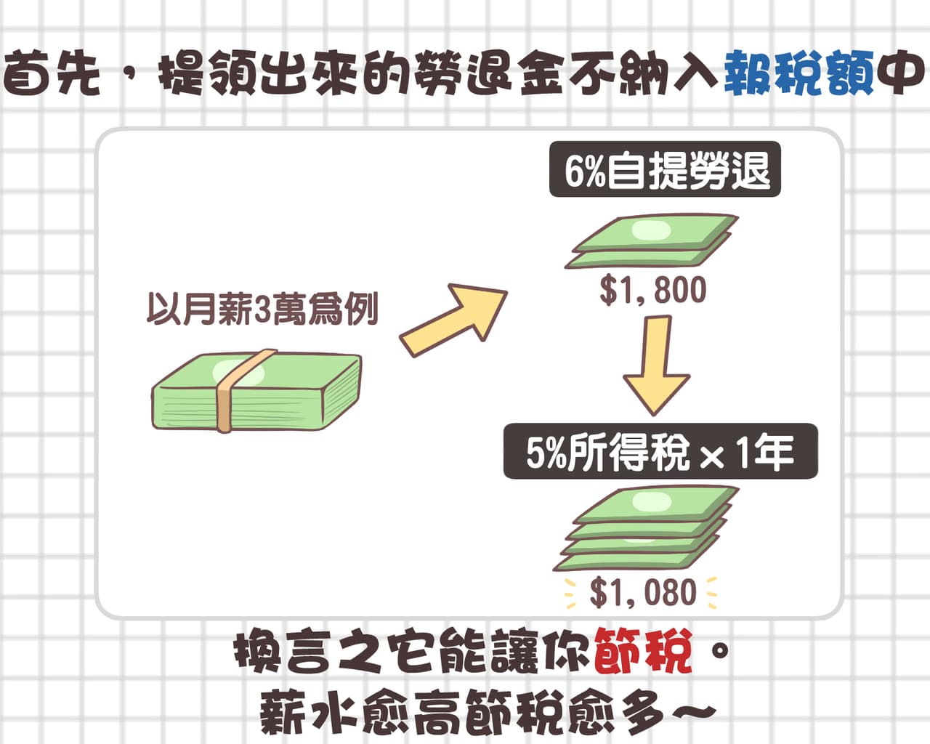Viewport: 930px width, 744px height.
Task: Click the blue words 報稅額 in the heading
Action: tap(799, 72)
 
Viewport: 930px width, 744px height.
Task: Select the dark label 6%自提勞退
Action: tap(665, 169)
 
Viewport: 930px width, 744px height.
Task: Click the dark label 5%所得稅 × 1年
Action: tap(660, 451)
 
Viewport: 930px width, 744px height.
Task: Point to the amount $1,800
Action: tap(652, 290)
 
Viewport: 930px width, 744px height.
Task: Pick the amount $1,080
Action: tap(642, 593)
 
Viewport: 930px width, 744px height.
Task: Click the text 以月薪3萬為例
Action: tap(263, 309)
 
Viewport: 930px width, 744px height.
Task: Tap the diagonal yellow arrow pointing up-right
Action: tap(453, 320)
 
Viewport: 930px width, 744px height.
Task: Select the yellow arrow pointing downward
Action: tap(656, 365)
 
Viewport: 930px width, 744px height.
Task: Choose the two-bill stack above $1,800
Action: tap(651, 240)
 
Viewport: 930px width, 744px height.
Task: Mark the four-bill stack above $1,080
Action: tap(646, 529)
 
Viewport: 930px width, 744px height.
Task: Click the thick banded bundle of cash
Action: tap(256, 391)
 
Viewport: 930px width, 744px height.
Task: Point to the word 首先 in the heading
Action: tap(51, 72)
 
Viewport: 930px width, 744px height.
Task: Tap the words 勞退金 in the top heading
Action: tap(488, 72)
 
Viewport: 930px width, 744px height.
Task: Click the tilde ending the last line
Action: tap(694, 712)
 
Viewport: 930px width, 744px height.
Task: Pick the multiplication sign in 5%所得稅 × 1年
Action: tap(711, 457)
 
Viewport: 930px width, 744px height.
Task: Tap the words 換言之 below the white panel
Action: tap(307, 652)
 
